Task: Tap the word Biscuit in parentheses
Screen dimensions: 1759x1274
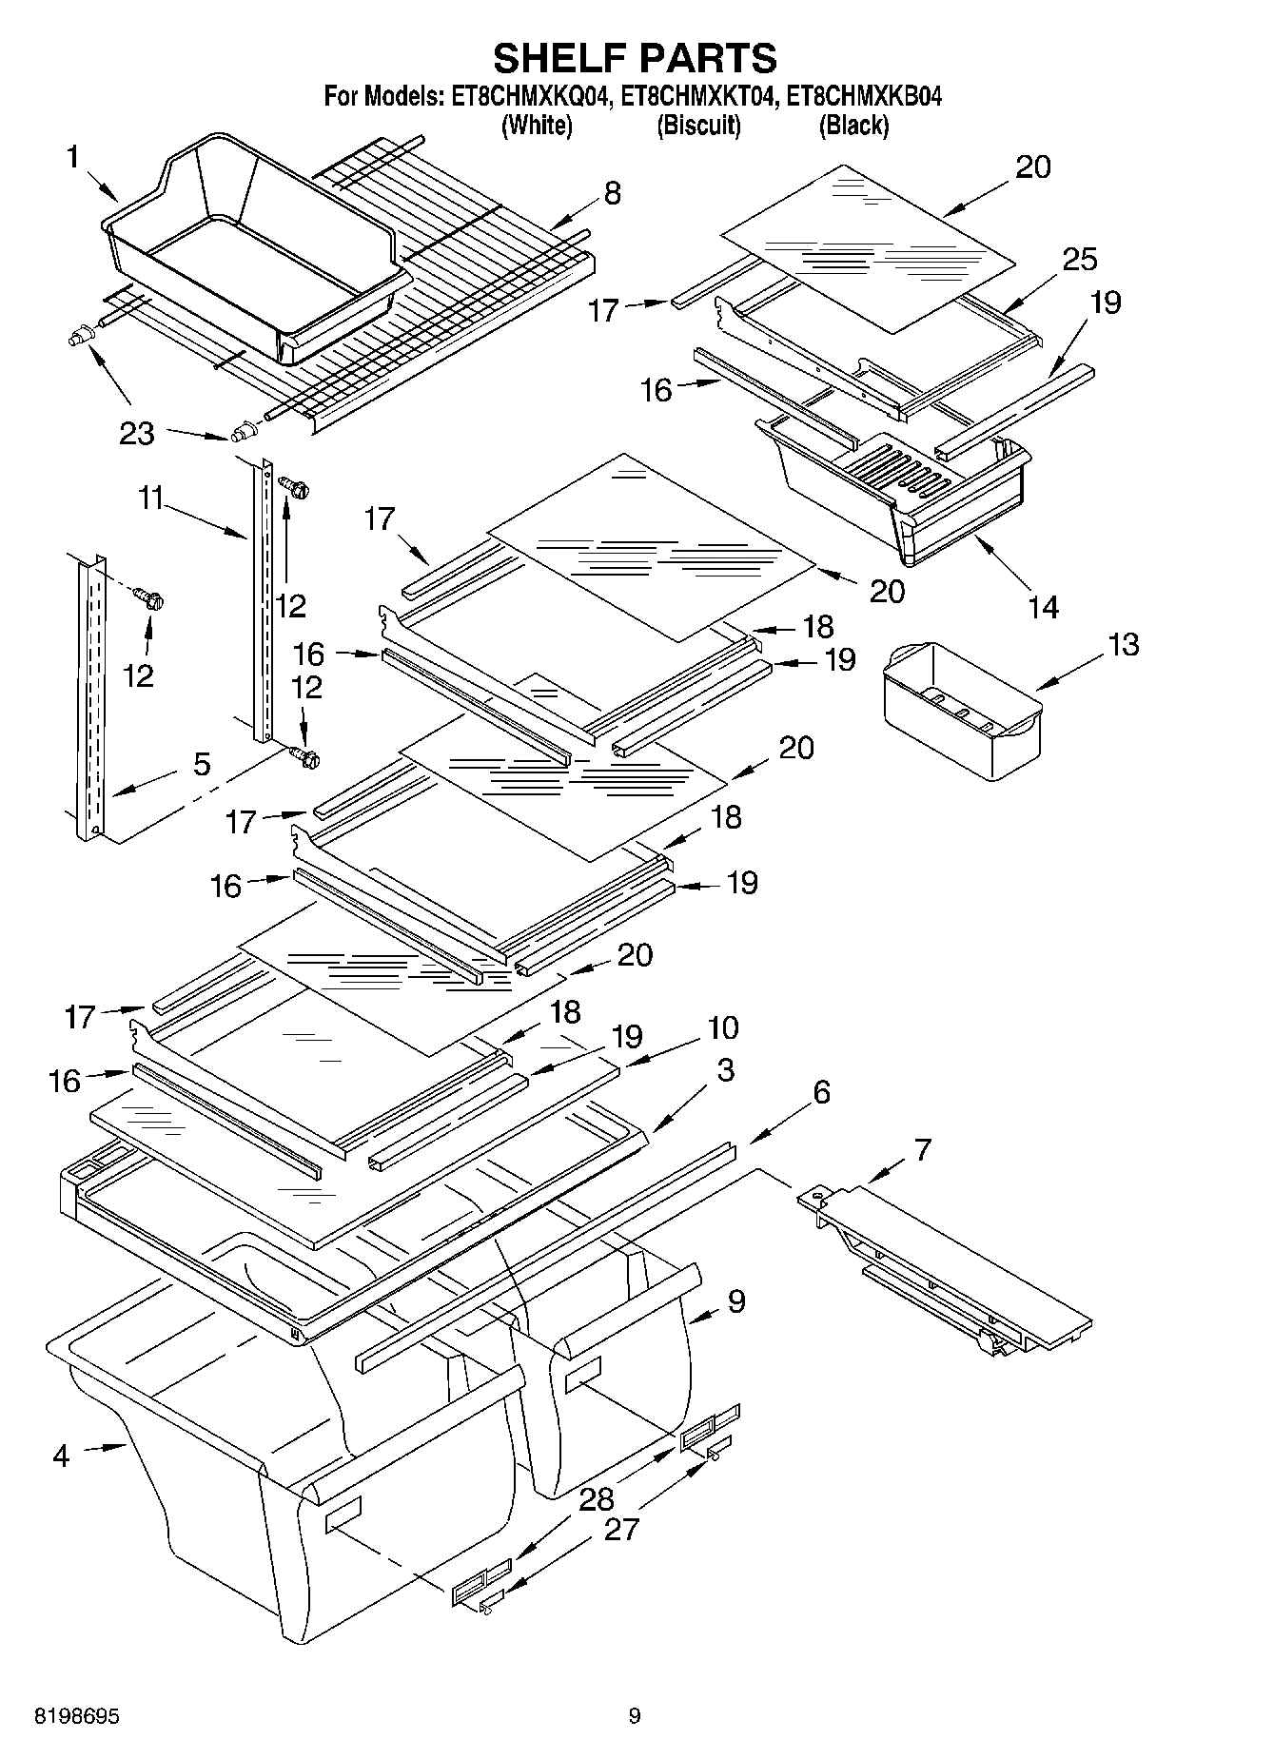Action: pos(698,125)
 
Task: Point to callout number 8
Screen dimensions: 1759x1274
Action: pos(613,193)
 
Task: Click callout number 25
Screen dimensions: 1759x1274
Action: pos(1079,259)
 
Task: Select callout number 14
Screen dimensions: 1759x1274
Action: pos(1044,606)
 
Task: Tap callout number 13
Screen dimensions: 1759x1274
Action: pos(1123,644)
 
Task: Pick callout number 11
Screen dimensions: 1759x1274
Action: pos(152,497)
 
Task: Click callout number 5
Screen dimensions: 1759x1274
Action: pos(202,764)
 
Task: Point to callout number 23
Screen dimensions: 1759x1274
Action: pos(137,433)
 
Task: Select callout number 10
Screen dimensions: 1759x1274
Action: pos(722,1027)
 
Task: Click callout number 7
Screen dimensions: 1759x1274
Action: pos(921,1149)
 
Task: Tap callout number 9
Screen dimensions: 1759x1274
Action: pos(735,1301)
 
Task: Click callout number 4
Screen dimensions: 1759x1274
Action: pos(61,1455)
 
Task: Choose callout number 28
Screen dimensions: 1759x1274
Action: pos(597,1499)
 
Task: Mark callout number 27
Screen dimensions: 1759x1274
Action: pos(621,1529)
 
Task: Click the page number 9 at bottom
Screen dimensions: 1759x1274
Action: pos(635,1716)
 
